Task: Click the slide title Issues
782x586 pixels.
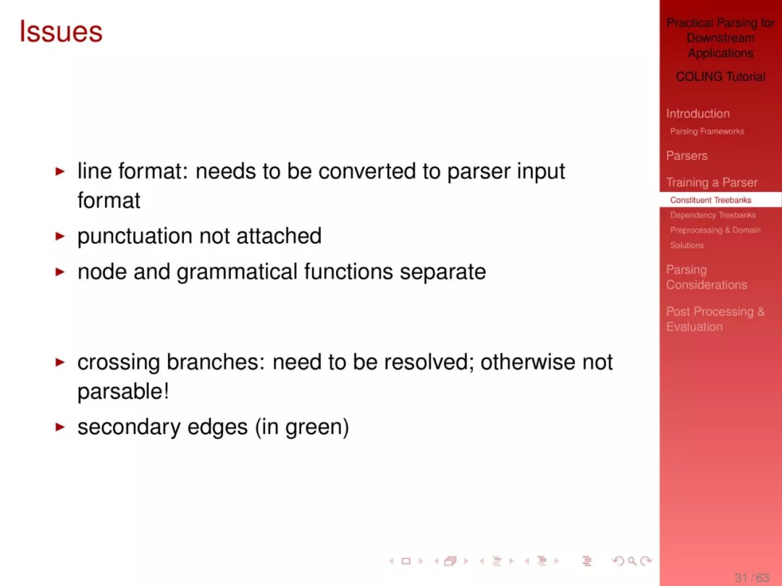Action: [x=61, y=31]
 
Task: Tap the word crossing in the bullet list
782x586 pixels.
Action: [x=118, y=363]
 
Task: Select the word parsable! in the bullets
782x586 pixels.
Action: [x=123, y=391]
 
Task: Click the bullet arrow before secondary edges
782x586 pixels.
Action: [x=60, y=427]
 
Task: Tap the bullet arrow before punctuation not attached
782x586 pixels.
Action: [x=60, y=236]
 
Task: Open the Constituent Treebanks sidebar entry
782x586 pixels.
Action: [x=710, y=200]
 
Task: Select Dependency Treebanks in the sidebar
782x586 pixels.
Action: [x=712, y=215]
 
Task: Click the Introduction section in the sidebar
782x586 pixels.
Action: [x=698, y=114]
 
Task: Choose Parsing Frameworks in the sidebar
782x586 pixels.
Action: [x=707, y=131]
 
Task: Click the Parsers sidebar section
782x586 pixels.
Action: [x=686, y=156]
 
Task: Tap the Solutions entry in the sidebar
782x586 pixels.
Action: [x=686, y=246]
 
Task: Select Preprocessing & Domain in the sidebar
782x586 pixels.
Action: [x=715, y=230]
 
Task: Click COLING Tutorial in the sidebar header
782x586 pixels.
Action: [x=720, y=77]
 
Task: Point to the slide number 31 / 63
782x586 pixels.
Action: [x=752, y=577]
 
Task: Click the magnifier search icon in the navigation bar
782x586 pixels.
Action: [x=632, y=561]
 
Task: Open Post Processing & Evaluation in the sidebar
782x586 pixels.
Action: [x=715, y=319]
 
